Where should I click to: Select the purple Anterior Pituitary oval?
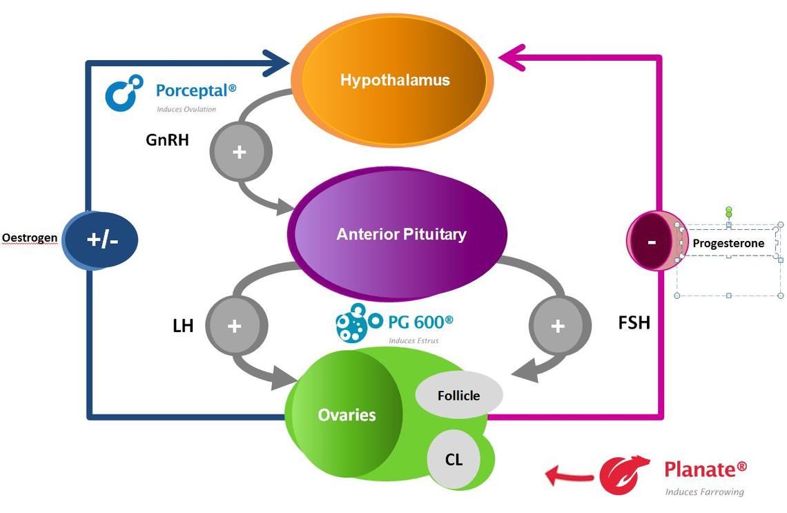coord(400,234)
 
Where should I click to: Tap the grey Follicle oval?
coord(458,396)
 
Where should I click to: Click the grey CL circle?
coord(454,459)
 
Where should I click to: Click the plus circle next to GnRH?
coord(239,152)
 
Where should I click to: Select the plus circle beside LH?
coord(235,326)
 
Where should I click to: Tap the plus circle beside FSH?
coord(558,326)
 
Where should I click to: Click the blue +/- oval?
coord(102,240)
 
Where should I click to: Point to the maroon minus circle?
coord(651,242)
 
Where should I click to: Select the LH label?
coord(183,326)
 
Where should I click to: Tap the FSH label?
coord(634,322)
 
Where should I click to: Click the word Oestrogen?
coord(29,238)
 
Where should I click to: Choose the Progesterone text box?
coord(728,243)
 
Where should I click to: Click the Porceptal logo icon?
coord(124,93)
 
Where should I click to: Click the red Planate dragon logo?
coord(624,475)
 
